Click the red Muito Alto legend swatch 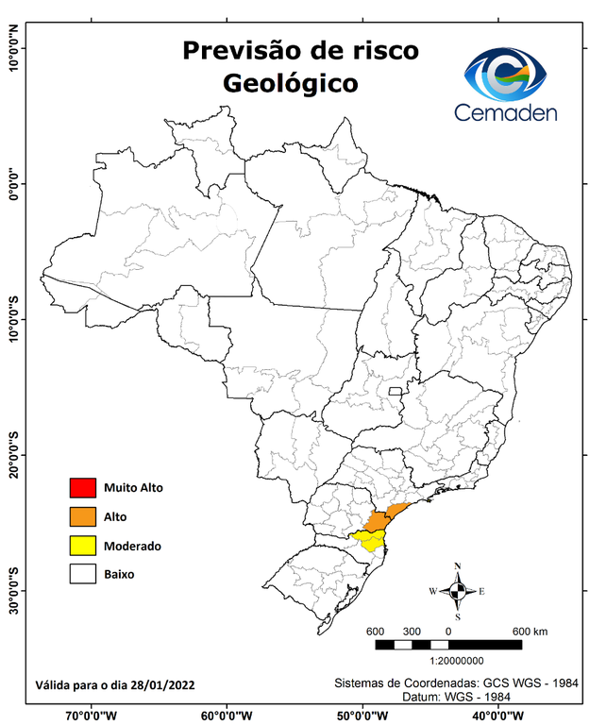82,488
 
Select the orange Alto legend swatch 82,516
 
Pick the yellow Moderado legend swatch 82,545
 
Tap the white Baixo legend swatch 82,573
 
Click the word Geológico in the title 291,83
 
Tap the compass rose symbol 458,591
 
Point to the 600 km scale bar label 530,631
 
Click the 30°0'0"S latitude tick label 13,591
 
